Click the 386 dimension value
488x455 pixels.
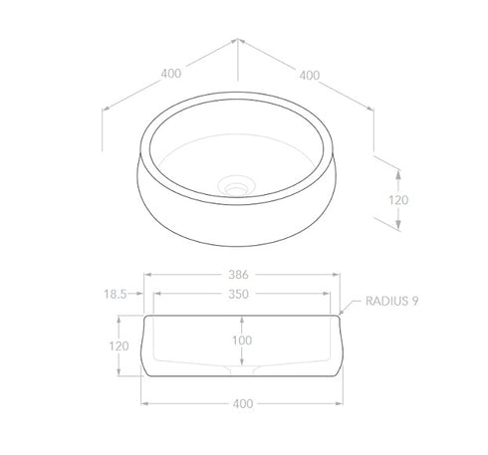(x=238, y=275)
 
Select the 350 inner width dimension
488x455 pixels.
(x=238, y=294)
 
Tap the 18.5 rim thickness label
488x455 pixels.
(x=116, y=294)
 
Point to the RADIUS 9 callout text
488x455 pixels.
(x=391, y=301)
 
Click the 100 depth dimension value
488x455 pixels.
(x=242, y=341)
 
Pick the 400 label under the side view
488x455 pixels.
(x=243, y=403)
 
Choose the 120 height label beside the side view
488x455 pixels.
(x=119, y=346)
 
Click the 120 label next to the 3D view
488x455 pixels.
(x=398, y=200)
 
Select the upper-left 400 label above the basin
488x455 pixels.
(x=171, y=74)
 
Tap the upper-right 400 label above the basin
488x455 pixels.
(x=310, y=76)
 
